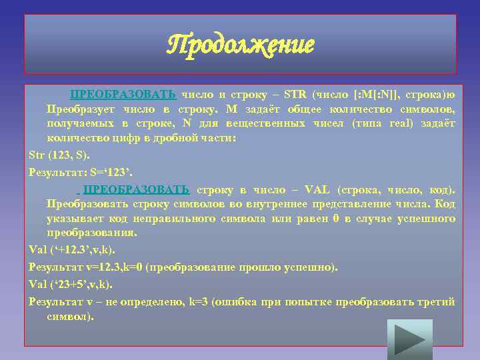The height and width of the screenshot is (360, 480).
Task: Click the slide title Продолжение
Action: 241,45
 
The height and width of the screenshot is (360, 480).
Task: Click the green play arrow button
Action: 407,339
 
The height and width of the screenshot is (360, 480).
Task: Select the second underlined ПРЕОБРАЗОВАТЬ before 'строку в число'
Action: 137,189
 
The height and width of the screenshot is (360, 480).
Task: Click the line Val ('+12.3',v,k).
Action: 72,251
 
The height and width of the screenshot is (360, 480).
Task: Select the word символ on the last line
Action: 68,316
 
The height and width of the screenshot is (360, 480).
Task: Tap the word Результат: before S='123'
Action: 53,172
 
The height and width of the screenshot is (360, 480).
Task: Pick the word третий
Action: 435,302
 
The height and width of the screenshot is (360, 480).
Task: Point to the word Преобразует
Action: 78,109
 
